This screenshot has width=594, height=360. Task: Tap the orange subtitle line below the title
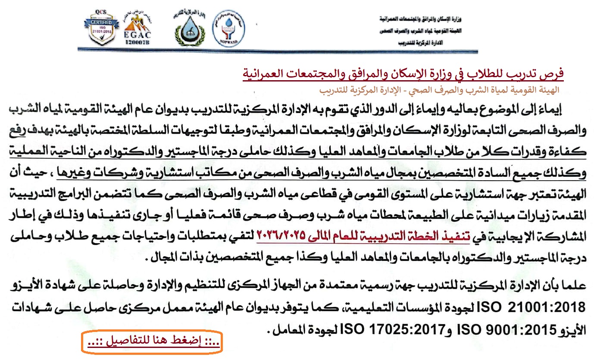[439, 91]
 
